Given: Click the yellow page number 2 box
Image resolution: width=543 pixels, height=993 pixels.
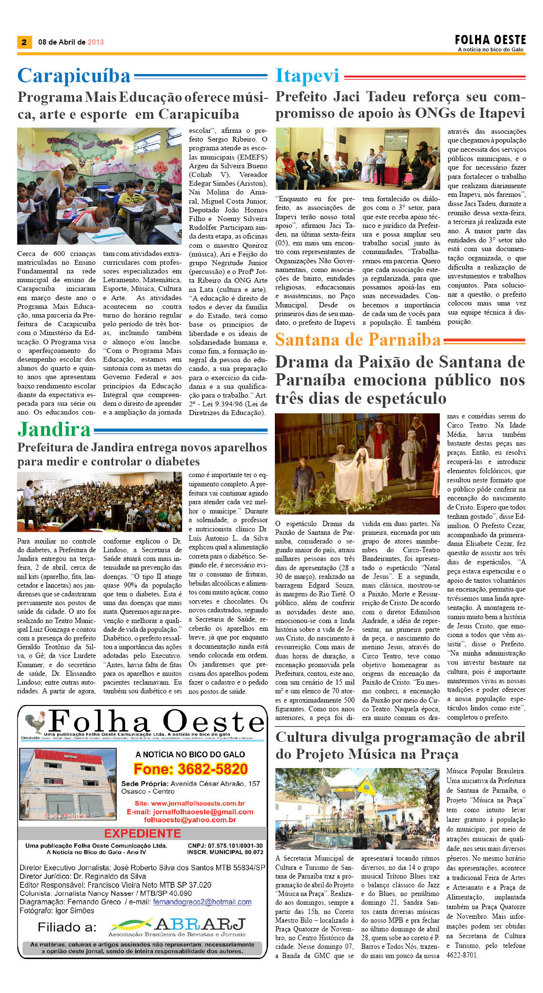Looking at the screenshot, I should coord(24,42).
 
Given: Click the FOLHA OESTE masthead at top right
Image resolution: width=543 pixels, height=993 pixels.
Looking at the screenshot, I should coord(490,40).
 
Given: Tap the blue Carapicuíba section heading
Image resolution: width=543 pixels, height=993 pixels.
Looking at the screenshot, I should coord(74,76).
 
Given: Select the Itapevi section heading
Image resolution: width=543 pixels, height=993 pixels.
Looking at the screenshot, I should coord(307,76).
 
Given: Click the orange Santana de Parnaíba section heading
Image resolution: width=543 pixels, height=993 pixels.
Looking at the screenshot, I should coord(358,340).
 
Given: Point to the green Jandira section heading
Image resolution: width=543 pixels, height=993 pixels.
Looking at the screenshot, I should coord(54,430).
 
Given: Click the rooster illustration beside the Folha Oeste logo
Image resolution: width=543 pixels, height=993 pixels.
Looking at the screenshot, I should coord(35,722).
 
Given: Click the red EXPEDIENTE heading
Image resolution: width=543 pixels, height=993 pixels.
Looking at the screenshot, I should coord(143,833).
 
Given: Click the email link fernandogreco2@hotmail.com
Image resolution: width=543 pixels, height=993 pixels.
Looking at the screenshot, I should coord(202,902).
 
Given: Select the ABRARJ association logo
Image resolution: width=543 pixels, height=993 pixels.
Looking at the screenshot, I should coord(177,927).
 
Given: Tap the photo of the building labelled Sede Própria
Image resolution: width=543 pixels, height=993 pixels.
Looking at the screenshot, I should coord(67,785).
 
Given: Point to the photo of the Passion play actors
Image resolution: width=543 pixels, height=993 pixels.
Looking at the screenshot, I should coord(357,464).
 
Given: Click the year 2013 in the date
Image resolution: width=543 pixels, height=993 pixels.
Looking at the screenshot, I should coord(96,42).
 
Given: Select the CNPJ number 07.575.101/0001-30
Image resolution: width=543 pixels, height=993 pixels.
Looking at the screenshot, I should coord(225,845).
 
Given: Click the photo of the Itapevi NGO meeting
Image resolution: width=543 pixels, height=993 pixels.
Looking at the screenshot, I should coord(357,159).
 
